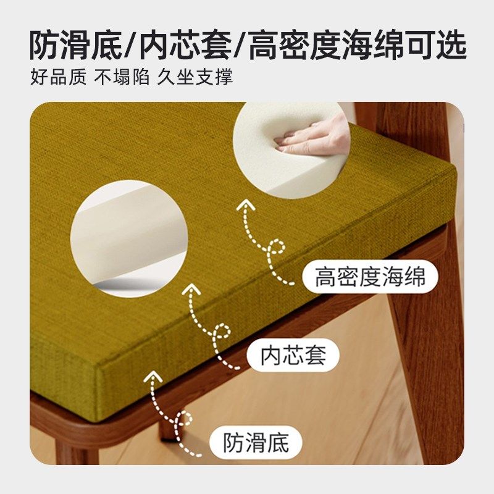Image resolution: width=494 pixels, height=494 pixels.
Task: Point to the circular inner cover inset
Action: click(x=128, y=238)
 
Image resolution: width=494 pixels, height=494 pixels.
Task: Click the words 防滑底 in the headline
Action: click(x=77, y=44)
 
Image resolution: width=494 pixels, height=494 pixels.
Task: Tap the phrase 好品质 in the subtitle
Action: click(x=58, y=79)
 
